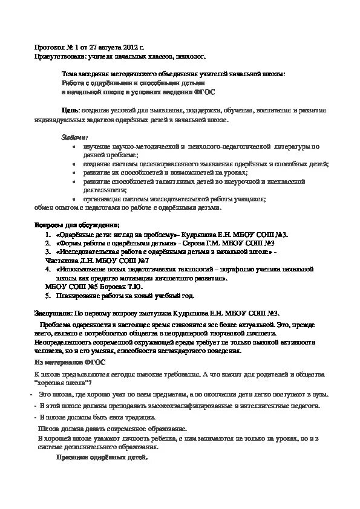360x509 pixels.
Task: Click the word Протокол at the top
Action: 47,47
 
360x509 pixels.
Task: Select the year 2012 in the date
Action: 125,47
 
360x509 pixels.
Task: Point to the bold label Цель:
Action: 70,111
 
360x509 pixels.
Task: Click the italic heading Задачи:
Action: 74,137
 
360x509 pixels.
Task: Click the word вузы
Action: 319,394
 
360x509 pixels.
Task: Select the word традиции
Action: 138,417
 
